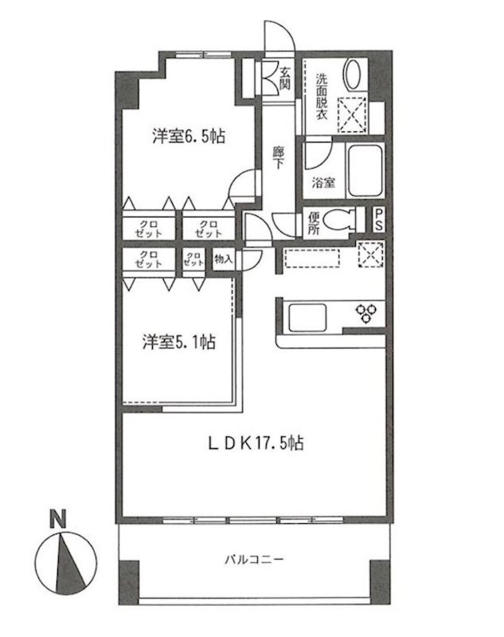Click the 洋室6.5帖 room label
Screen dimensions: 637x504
[x=189, y=136]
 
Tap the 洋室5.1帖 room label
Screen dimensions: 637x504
[x=180, y=343]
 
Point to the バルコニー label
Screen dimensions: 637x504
[x=252, y=561]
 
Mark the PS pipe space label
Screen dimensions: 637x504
[x=379, y=220]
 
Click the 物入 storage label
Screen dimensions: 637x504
[x=224, y=260]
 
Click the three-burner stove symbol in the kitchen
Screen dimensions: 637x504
[x=368, y=313]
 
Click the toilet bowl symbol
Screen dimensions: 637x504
[x=343, y=219]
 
